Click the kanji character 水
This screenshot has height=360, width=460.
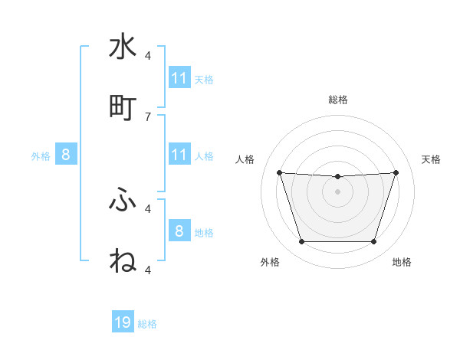pyautogui.click(x=123, y=47)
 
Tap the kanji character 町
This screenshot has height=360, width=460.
pyautogui.click(x=123, y=107)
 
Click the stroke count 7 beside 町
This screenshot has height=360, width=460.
pyautogui.click(x=147, y=116)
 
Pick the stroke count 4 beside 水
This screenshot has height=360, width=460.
pyautogui.click(x=147, y=56)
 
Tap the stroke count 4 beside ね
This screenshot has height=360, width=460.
pyautogui.click(x=147, y=270)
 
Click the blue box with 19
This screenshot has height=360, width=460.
pyautogui.click(x=123, y=322)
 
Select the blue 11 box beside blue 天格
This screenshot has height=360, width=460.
pyautogui.click(x=179, y=78)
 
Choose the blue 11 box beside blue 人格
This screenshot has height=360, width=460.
pyautogui.click(x=179, y=155)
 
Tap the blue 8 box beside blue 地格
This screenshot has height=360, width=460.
pyautogui.click(x=179, y=231)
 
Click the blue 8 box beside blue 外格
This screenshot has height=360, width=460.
pyautogui.click(x=66, y=155)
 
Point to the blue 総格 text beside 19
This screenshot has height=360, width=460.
pyautogui.click(x=147, y=324)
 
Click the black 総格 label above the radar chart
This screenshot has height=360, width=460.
pyautogui.click(x=338, y=100)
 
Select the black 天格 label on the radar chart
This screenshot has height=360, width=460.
pyautogui.click(x=432, y=159)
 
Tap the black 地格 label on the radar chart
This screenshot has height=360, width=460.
pyautogui.click(x=402, y=262)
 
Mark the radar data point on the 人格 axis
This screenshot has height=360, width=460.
pyautogui.click(x=279, y=172)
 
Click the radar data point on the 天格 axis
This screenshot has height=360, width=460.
pyautogui.click(x=396, y=172)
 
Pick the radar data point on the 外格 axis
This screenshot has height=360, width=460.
pyautogui.click(x=301, y=242)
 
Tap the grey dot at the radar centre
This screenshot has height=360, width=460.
pyautogui.click(x=338, y=191)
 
